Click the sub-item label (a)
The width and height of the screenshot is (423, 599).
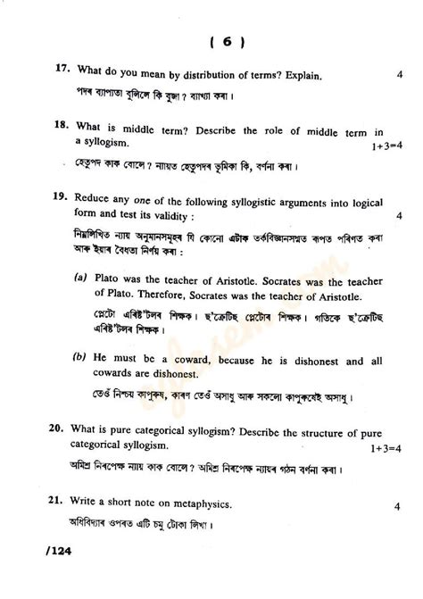[x=80, y=279]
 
